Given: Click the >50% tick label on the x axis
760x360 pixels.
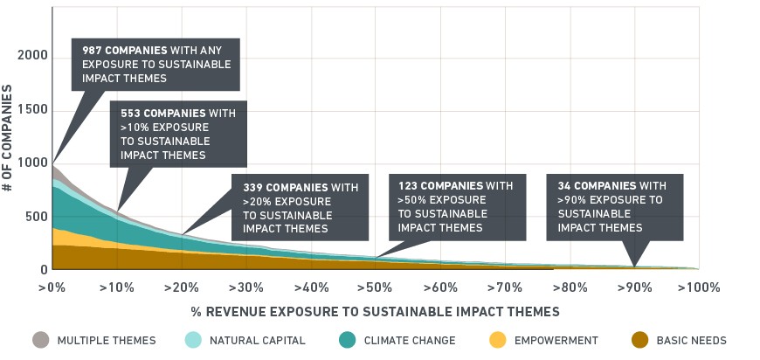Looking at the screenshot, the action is pyautogui.click(x=375, y=287).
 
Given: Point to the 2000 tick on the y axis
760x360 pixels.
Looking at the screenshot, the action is pyautogui.click(x=33, y=56).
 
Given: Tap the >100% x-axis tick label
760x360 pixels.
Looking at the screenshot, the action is pyautogui.click(x=699, y=287).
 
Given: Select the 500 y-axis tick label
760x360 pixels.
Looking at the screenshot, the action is pyautogui.click(x=37, y=217).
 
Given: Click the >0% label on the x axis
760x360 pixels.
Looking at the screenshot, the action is pyautogui.click(x=52, y=287).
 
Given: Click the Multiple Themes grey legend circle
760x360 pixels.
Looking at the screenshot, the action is pyautogui.click(x=41, y=340).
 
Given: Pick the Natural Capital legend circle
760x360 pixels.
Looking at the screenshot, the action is pyautogui.click(x=193, y=340).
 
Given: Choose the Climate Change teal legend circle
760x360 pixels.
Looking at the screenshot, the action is pyautogui.click(x=348, y=340).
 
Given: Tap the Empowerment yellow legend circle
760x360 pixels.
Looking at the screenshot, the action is pyautogui.click(x=498, y=340).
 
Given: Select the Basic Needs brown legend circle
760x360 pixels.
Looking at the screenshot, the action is pyautogui.click(x=639, y=340).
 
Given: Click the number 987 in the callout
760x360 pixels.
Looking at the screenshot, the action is pyautogui.click(x=92, y=51).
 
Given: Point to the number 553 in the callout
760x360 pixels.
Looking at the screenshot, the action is pyautogui.click(x=130, y=113).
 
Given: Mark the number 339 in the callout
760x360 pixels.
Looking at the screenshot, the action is pyautogui.click(x=252, y=187).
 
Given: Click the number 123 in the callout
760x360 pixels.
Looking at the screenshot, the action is pyautogui.click(x=408, y=185).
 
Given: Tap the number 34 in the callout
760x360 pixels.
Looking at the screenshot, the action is pyautogui.click(x=564, y=185).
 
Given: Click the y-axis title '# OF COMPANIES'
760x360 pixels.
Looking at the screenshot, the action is pyautogui.click(x=7, y=138).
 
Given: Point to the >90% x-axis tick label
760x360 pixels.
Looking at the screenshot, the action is pyautogui.click(x=634, y=287).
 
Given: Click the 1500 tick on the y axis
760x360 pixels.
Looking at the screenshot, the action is pyautogui.click(x=33, y=110).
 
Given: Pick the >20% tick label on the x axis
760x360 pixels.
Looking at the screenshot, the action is pyautogui.click(x=182, y=287).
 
